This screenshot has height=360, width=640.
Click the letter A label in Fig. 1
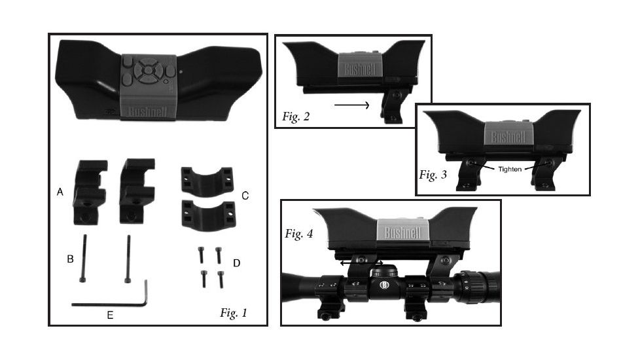tap(60, 192)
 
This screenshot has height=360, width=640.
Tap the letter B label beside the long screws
tap(70, 259)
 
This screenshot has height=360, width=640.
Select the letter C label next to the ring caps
tap(245, 196)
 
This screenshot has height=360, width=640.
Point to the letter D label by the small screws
tap(236, 263)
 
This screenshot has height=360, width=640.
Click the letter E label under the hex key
tap(110, 315)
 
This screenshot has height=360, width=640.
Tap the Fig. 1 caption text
tap(234, 313)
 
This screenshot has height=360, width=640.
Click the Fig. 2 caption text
tap(296, 117)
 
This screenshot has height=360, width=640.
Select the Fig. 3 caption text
tap(433, 175)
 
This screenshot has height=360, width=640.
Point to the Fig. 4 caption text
tap(299, 234)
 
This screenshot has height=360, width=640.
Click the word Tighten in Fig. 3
tap(510, 169)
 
